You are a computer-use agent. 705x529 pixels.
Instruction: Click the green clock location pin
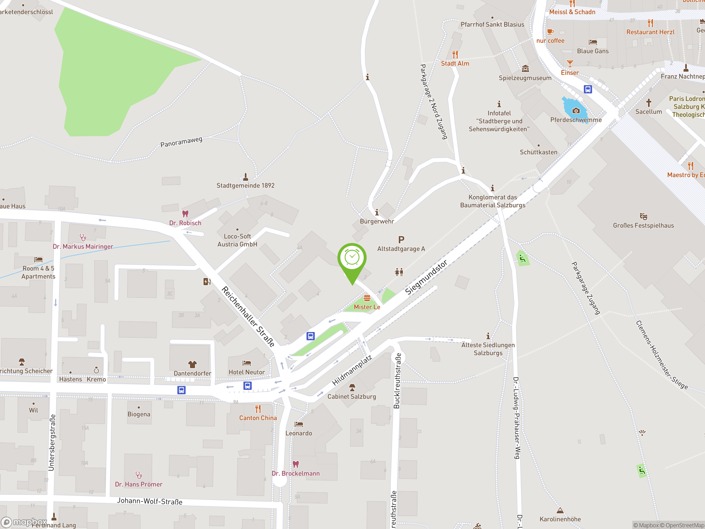click(352, 258)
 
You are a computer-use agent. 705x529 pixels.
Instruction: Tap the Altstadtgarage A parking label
click(401, 249)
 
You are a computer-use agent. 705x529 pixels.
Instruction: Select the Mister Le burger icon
click(367, 298)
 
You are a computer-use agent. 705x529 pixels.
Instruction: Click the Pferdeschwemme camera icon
click(576, 111)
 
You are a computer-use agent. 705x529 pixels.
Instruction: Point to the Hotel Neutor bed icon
click(247, 363)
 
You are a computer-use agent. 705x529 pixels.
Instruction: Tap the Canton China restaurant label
click(258, 418)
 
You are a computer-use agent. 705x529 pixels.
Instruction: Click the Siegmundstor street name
click(426, 277)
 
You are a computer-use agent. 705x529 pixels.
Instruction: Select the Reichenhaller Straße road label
click(248, 316)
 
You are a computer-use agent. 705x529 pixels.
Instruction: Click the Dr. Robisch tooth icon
click(185, 214)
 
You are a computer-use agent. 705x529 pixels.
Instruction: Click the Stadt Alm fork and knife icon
click(455, 55)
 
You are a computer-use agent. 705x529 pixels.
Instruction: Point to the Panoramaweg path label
click(181, 142)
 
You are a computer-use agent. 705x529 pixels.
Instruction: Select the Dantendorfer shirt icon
click(192, 365)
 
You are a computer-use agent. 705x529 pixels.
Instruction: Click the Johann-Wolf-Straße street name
click(150, 501)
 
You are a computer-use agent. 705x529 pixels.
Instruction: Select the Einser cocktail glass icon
click(570, 63)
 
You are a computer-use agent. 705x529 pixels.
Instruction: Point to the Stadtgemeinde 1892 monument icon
click(245, 177)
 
